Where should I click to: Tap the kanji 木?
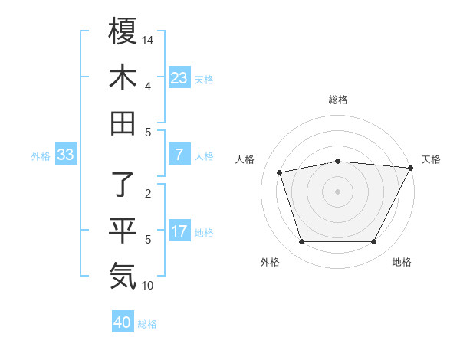point(123,77)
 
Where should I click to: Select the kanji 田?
point(123,123)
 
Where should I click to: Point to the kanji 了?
point(123,184)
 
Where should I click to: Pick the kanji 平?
point(123,230)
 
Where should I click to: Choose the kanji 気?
point(123,276)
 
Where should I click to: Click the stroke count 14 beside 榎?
point(149,40)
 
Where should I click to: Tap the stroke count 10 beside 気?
point(149,286)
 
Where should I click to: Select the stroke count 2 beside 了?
point(149,193)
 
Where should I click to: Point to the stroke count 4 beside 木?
point(149,87)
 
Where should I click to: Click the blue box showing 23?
point(179,78)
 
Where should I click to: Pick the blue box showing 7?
point(179,155)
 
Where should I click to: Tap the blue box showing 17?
point(179,232)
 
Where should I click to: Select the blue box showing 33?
point(66,155)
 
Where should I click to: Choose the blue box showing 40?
point(123,323)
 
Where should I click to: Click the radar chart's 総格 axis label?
point(337,100)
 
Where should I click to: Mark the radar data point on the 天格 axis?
point(411,169)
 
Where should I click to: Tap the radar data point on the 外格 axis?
point(301,242)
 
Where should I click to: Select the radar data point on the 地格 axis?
point(374,242)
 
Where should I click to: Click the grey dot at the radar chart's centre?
point(337,191)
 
